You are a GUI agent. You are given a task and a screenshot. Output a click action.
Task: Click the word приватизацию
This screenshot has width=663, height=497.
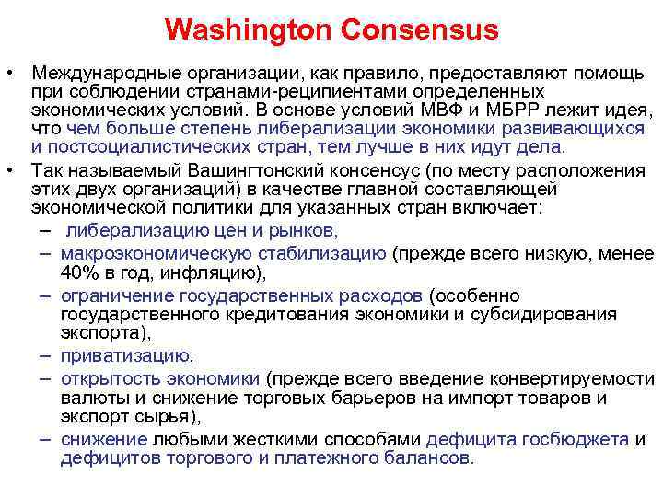coord(125,356)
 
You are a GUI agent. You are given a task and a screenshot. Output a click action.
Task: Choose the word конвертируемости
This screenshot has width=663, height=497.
coord(572,378)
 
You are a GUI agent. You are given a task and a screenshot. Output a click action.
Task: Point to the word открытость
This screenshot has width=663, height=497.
coord(102,378)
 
